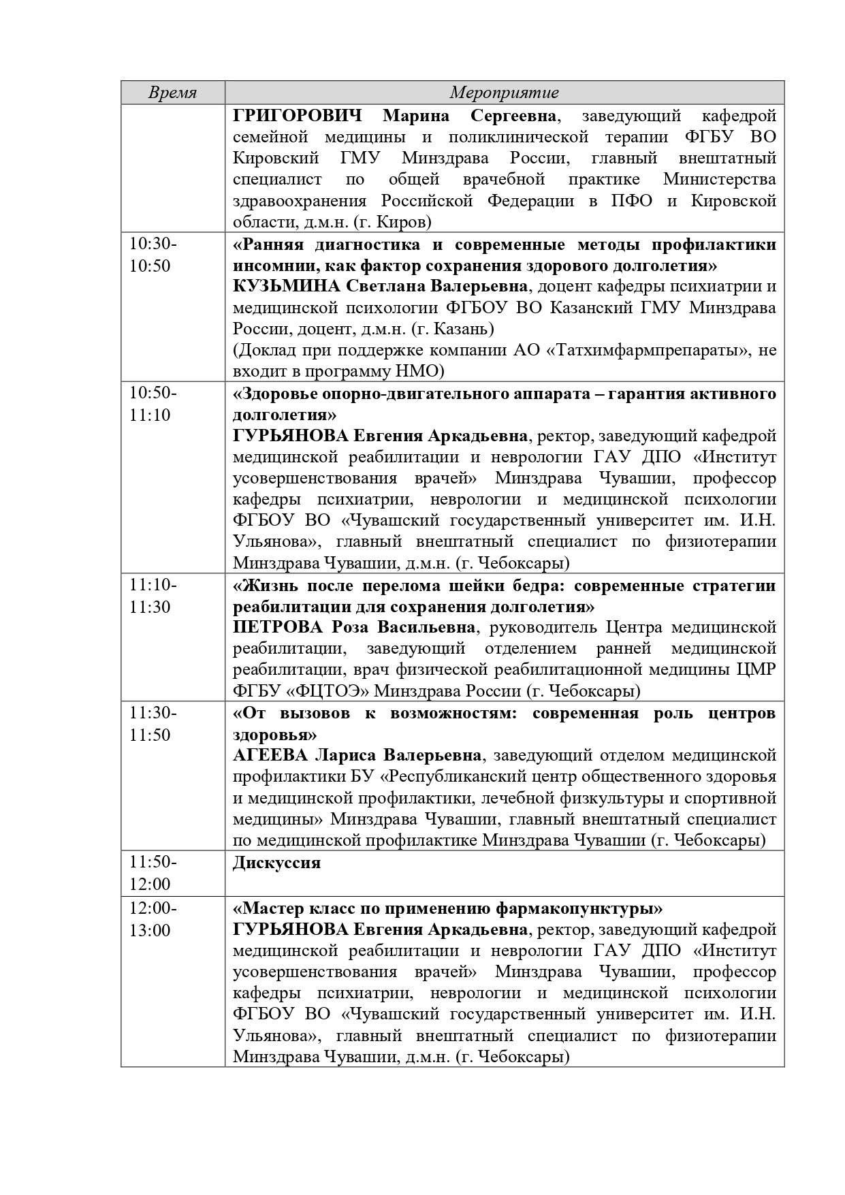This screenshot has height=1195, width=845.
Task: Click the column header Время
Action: pyautogui.click(x=173, y=93)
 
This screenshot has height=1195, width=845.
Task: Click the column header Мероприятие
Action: pyautogui.click(x=504, y=93)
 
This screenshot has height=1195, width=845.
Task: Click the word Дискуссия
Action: pyautogui.click(x=276, y=863)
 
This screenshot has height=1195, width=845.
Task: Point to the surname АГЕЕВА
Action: pyautogui.click(x=272, y=755)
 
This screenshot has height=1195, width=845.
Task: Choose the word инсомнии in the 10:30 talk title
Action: pyautogui.click(x=269, y=265)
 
